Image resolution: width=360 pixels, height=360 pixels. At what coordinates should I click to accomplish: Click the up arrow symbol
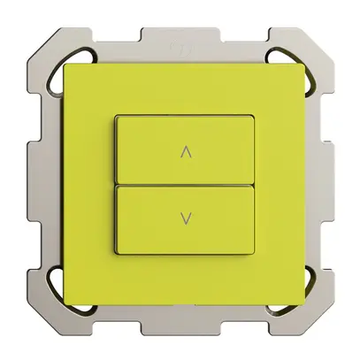(x=184, y=151)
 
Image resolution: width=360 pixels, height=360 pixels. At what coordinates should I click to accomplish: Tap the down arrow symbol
(x=184, y=216)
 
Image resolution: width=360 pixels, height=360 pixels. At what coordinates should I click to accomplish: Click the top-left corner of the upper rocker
(x=118, y=118)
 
